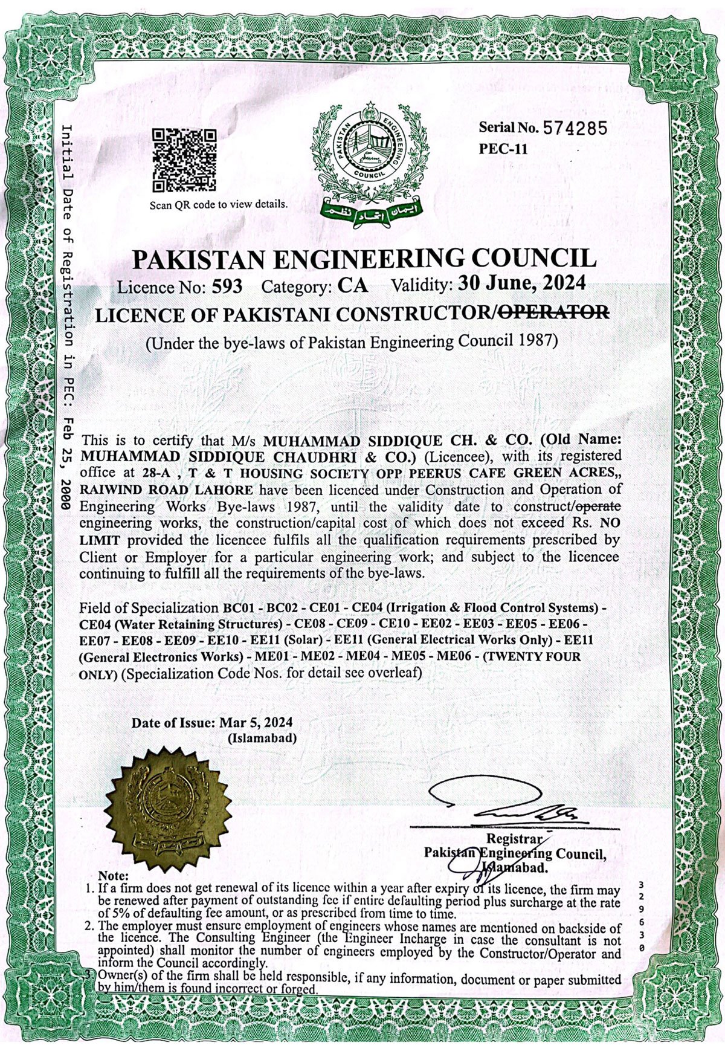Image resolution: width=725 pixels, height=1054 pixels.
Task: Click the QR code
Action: click(x=184, y=160)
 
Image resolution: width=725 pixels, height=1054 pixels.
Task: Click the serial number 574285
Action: click(x=574, y=128)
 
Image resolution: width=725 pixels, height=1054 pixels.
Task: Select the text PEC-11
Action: click(x=503, y=149)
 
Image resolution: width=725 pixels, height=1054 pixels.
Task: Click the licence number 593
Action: click(x=227, y=286)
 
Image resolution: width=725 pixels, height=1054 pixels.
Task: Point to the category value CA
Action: click(x=353, y=286)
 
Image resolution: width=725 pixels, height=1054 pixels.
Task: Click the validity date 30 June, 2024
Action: click(x=521, y=283)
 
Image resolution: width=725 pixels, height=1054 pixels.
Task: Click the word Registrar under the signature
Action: click(x=514, y=839)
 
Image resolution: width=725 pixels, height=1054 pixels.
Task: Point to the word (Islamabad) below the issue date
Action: click(x=262, y=738)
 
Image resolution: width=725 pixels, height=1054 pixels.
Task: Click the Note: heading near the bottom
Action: click(x=114, y=875)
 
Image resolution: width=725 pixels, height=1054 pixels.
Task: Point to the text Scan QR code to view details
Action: click(x=219, y=204)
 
